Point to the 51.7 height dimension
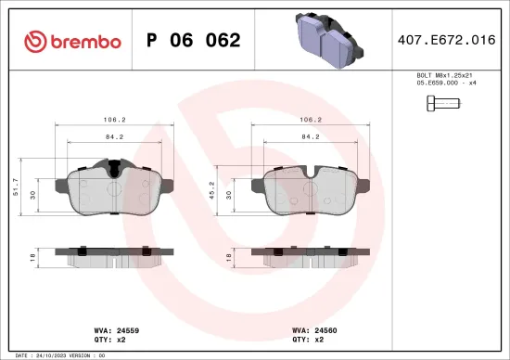[16, 188]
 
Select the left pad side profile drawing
[115, 255]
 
